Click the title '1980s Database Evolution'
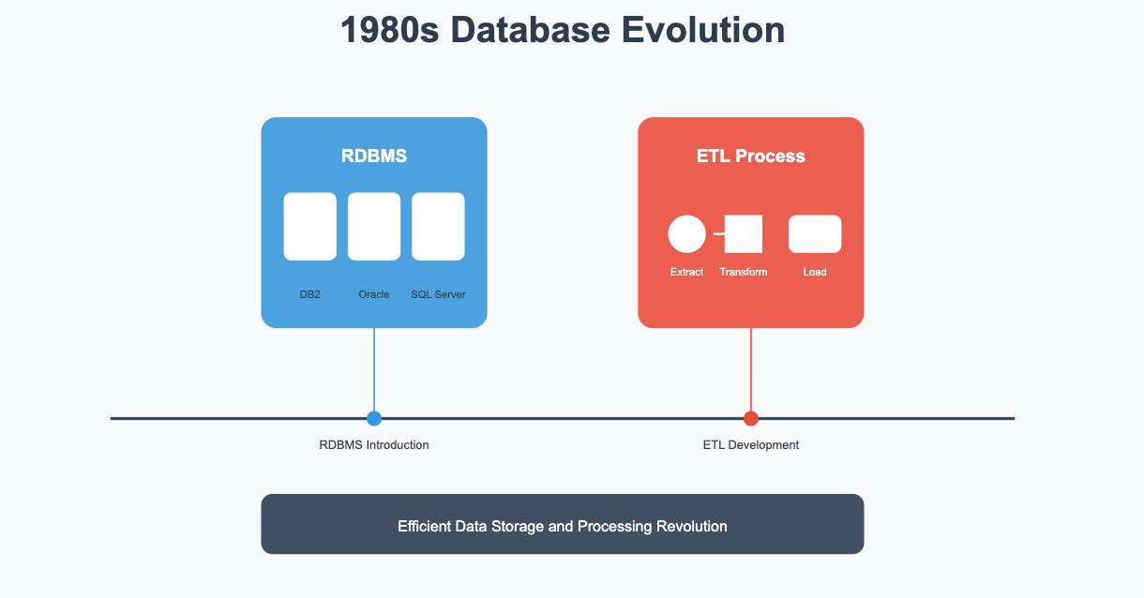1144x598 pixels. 563,30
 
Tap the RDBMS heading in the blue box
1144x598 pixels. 374,156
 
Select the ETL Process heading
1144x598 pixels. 751,156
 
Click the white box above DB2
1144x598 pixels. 310,226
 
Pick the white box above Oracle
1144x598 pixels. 374,226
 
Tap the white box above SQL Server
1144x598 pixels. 438,226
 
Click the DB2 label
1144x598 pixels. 310,294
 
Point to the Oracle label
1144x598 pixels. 374,294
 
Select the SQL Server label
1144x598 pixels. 438,294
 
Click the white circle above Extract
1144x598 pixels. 687,234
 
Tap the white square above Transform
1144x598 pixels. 744,234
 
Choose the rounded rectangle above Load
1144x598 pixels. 815,234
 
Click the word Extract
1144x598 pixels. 687,272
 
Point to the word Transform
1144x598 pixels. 744,272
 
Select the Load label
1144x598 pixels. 815,272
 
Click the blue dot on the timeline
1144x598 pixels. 374,419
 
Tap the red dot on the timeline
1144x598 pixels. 751,419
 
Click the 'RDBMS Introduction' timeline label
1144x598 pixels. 374,445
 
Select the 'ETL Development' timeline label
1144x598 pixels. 751,445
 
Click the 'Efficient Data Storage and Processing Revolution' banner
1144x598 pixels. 563,524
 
